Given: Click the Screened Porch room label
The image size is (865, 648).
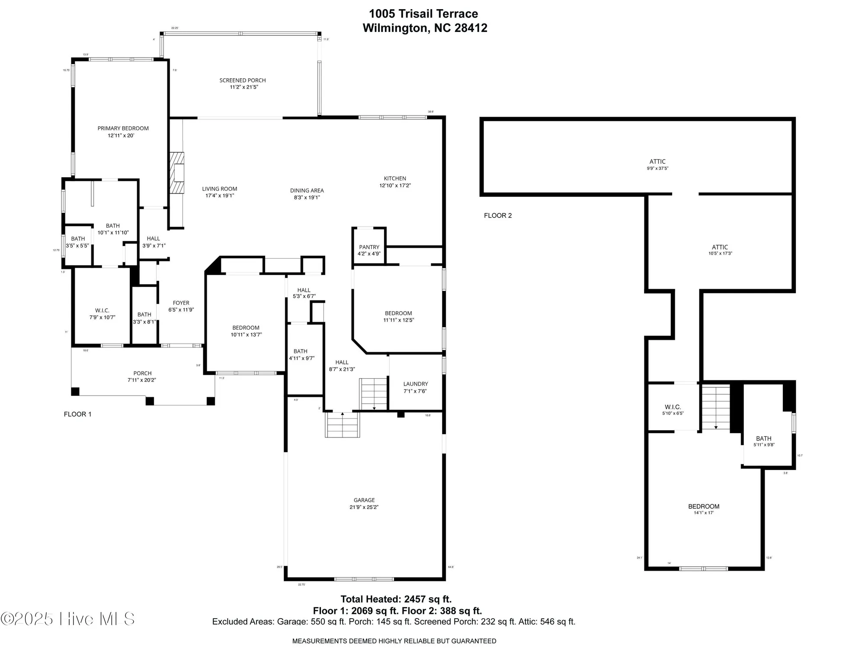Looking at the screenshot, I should (242, 80).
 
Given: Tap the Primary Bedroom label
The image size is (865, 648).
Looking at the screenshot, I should (123, 128).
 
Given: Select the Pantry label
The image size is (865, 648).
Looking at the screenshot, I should (369, 247).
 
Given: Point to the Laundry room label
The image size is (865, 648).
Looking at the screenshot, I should (415, 384).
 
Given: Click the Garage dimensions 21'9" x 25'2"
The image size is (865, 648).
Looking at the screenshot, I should (364, 507).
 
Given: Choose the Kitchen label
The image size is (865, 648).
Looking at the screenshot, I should (395, 179).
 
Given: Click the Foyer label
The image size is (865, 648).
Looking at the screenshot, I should (181, 303).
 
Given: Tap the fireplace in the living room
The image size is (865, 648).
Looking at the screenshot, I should (177, 172).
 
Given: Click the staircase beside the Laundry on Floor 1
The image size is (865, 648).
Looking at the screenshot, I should (374, 394).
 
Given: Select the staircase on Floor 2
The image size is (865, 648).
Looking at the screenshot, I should (716, 408).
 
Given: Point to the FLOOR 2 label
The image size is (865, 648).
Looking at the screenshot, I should (498, 215).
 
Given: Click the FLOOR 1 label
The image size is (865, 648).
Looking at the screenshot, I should (77, 414).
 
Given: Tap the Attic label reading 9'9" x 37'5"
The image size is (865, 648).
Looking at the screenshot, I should (657, 168).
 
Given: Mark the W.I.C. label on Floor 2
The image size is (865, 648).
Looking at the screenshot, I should (673, 407).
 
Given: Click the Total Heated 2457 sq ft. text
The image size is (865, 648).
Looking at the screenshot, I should (396, 599).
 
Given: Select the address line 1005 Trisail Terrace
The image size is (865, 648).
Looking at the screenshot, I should (423, 14).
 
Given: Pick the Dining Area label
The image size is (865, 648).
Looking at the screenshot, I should (307, 191).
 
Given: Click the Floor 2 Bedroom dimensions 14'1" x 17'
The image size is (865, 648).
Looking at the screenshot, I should (703, 513).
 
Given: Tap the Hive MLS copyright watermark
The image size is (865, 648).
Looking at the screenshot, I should (67, 619).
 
